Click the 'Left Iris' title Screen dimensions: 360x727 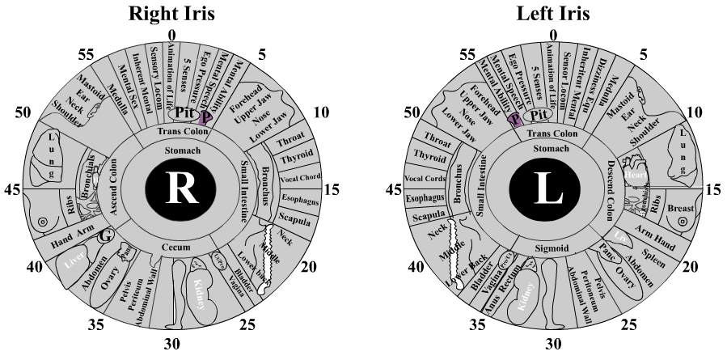pyautogui.click(x=553, y=13)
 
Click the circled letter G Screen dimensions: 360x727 pyautogui.click(x=103, y=238)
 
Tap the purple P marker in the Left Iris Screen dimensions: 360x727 pyautogui.click(x=514, y=120)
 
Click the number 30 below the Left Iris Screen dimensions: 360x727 pyautogui.click(x=553, y=345)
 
